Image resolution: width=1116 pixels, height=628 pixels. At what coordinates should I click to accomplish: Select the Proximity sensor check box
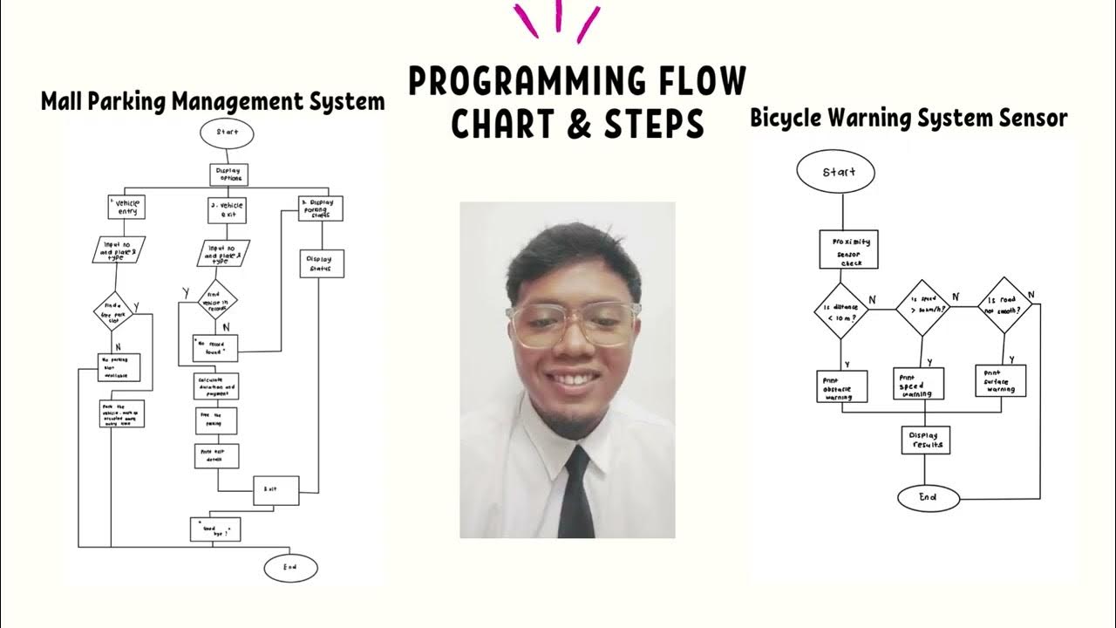coord(848,249)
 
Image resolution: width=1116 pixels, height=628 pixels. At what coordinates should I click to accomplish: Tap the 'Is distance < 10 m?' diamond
coord(840,311)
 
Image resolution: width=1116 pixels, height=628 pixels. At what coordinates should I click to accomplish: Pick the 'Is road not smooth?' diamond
coord(1004,305)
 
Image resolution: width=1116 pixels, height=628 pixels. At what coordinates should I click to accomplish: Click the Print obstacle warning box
coord(841,386)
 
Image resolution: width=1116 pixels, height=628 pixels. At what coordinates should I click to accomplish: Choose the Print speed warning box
coord(920,383)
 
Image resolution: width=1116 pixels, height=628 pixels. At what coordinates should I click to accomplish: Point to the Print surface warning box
coord(999,380)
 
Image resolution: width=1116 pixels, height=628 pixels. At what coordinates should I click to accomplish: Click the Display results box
coord(925,440)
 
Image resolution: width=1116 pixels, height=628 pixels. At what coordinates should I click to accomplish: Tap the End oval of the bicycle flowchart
coord(928,497)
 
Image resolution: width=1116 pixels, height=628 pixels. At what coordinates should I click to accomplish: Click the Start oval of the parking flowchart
coord(227,133)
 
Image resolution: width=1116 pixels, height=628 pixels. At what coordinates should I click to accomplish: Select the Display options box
coord(228,174)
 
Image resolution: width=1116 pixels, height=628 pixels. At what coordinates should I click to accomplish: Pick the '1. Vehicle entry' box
coord(126,207)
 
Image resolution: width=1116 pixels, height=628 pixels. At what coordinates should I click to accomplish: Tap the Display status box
coord(322,263)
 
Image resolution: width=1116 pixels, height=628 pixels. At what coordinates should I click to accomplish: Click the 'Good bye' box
coord(215,529)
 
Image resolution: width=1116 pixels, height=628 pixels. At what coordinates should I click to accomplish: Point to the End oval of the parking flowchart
coord(290,568)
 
